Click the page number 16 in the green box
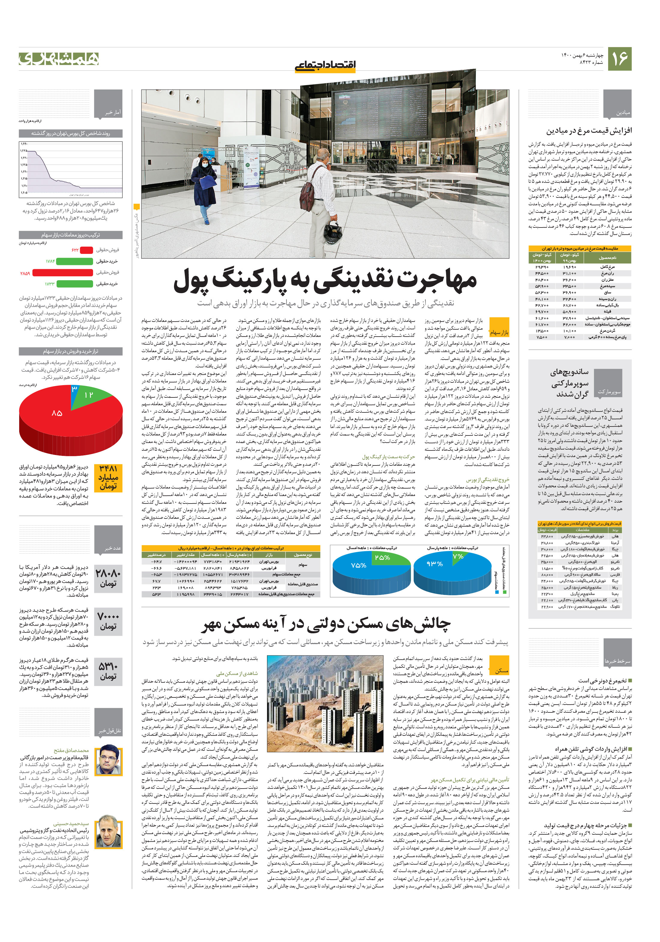pyautogui.click(x=619, y=59)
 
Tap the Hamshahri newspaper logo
pyautogui.click(x=59, y=59)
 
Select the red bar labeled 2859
pyautogui.click(x=62, y=273)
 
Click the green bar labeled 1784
pyautogui.click(x=74, y=261)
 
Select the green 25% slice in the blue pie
pyautogui.click(x=382, y=558)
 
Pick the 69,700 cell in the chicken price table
pyautogui.click(x=542, y=311)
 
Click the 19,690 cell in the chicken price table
pyautogui.click(x=569, y=267)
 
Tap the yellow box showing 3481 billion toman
pyautogui.click(x=108, y=477)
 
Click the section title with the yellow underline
pyautogui.click(x=325, y=64)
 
